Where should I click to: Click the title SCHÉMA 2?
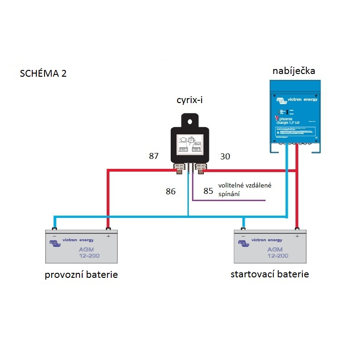(x=43, y=74)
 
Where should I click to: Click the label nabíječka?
(x=294, y=71)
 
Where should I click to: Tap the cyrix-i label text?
(x=189, y=100)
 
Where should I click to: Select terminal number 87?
(x=154, y=156)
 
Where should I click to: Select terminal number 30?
(x=225, y=157)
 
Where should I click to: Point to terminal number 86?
(x=170, y=192)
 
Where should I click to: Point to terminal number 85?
(x=208, y=191)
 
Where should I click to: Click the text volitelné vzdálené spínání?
(x=245, y=190)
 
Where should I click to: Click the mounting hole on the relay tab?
(x=190, y=120)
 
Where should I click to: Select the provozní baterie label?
(x=81, y=275)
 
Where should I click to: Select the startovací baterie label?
(x=270, y=274)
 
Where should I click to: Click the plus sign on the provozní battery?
(x=108, y=236)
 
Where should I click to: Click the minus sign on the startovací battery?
(x=243, y=237)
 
